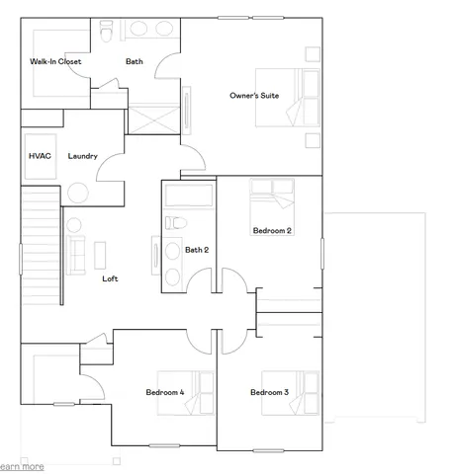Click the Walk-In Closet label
(x=55, y=62)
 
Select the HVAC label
(x=39, y=156)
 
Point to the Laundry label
(x=82, y=156)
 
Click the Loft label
(x=111, y=278)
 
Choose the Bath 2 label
(x=197, y=250)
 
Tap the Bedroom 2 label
(x=271, y=230)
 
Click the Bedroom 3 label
(x=269, y=392)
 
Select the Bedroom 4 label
(x=165, y=392)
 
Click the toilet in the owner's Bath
(x=107, y=30)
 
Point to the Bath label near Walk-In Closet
(x=135, y=62)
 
